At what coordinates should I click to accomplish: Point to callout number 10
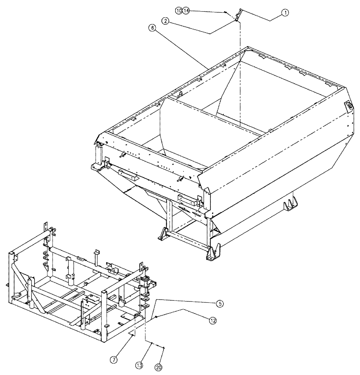point(178,10)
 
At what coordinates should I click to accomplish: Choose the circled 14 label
point(186,10)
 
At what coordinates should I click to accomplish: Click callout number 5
point(221,304)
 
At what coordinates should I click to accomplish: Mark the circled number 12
point(213,320)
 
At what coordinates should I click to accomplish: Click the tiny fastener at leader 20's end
point(164,348)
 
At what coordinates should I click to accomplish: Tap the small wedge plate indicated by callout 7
point(132,333)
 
